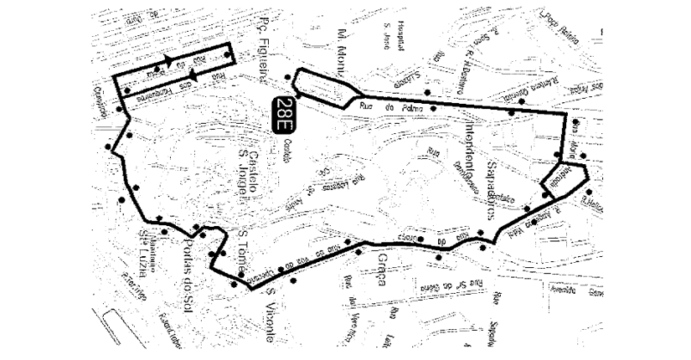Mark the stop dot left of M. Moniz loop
(x=289, y=78)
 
